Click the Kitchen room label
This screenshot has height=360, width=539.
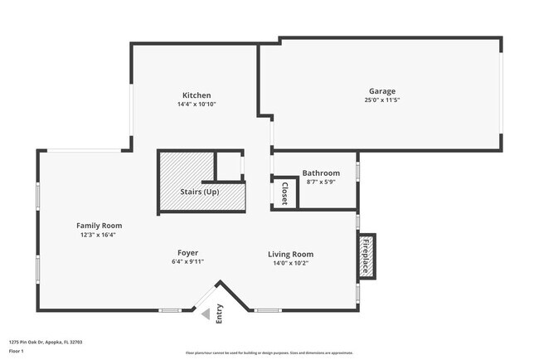pyautogui.click(x=197, y=95)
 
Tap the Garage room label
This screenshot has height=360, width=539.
pyautogui.click(x=382, y=91)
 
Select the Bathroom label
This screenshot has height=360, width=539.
pyautogui.click(x=321, y=173)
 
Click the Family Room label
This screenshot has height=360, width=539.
pyautogui.click(x=100, y=226)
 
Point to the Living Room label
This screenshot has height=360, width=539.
pyautogui.click(x=290, y=254)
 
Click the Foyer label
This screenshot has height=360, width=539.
pyautogui.click(x=187, y=252)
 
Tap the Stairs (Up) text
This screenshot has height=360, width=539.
pyautogui.click(x=205, y=192)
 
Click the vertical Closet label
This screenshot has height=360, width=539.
pyautogui.click(x=284, y=192)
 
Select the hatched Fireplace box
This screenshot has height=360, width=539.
pyautogui.click(x=366, y=256)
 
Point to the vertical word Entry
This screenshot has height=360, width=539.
pyautogui.click(x=220, y=314)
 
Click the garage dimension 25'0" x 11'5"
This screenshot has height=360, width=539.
pyautogui.click(x=382, y=100)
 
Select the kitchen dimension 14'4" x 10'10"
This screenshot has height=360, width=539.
pyautogui.click(x=197, y=105)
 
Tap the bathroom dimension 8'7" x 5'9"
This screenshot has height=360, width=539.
pyautogui.click(x=321, y=182)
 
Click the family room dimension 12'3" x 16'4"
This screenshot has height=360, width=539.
pyautogui.click(x=100, y=235)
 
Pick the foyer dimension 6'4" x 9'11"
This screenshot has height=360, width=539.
pyautogui.click(x=187, y=261)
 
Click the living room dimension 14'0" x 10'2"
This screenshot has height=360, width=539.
pyautogui.click(x=290, y=263)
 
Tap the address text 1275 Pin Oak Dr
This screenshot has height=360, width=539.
pyautogui.click(x=46, y=342)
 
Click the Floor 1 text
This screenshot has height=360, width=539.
pyautogui.click(x=17, y=351)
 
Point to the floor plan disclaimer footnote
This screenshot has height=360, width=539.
pyautogui.click(x=269, y=353)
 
